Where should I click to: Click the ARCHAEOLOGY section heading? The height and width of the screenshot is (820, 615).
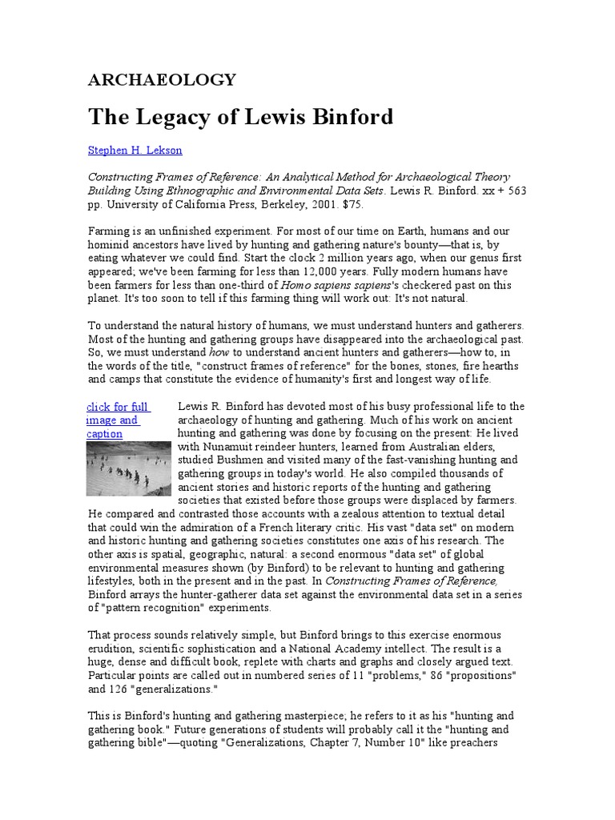click(162, 79)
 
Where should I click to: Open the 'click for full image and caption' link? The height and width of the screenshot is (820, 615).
click(117, 420)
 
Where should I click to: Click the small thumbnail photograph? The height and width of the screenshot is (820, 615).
click(128, 468)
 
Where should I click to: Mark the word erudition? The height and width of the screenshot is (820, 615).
click(111, 648)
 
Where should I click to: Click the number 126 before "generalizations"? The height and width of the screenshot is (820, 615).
click(122, 688)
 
